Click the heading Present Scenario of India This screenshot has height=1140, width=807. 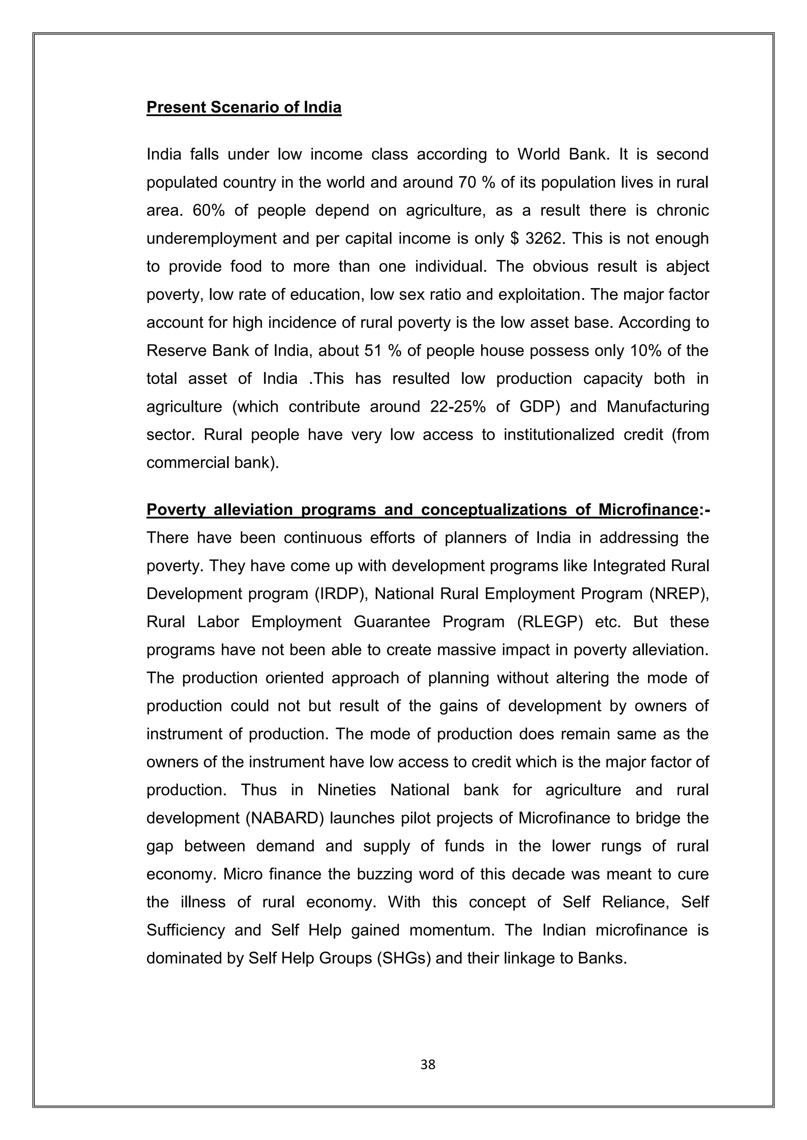click(x=244, y=107)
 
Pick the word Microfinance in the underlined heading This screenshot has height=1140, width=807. click(x=647, y=510)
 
